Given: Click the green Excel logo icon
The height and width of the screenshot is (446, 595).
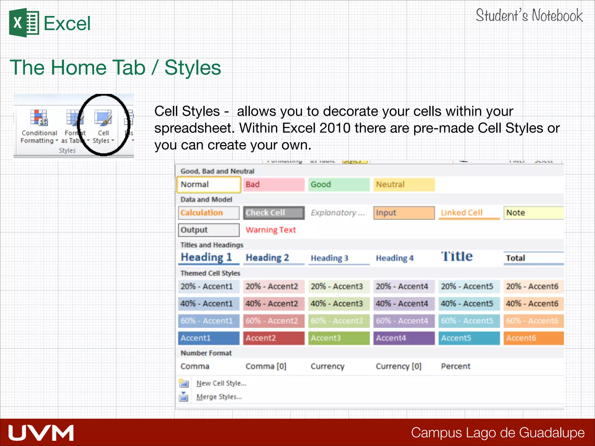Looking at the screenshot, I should click(x=24, y=23).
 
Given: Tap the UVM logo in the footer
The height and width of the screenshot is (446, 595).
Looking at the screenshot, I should click(x=41, y=433).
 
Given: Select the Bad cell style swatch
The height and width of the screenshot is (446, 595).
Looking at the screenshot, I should click(x=273, y=184).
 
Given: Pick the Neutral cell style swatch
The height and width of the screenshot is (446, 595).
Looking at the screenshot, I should click(x=404, y=184).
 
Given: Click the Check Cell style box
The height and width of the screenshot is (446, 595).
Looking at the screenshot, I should click(x=273, y=213).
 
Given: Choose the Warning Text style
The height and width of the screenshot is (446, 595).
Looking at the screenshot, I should click(x=270, y=230).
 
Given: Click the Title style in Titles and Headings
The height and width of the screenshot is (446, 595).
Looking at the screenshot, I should click(x=457, y=257).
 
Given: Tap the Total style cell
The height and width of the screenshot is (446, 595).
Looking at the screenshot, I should click(x=533, y=258).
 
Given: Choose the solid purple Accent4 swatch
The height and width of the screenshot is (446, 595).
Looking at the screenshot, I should click(x=404, y=338).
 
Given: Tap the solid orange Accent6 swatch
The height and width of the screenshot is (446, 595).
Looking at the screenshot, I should click(x=533, y=338).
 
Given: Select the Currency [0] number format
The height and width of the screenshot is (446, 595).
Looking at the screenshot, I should click(x=398, y=366).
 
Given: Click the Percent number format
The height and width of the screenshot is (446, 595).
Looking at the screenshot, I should click(x=455, y=366).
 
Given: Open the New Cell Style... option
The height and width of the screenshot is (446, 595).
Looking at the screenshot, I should click(x=221, y=383).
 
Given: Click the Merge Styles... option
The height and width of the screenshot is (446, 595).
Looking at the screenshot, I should click(x=219, y=397).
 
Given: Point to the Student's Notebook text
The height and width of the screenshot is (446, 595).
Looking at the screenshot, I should click(x=529, y=16).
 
